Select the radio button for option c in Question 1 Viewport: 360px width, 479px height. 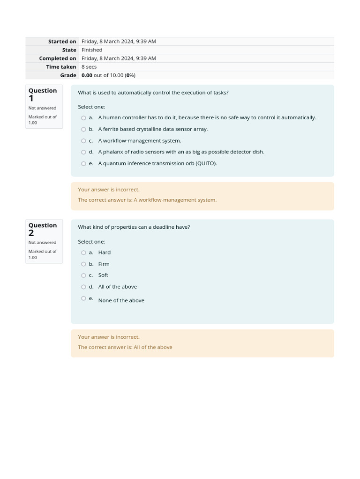pos(83,141)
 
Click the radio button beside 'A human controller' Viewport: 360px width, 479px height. pos(83,118)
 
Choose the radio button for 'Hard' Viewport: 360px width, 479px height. pos(83,253)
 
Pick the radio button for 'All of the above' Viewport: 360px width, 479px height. pos(83,287)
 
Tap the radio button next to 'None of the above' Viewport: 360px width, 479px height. pos(83,298)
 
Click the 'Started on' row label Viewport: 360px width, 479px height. pos(62,42)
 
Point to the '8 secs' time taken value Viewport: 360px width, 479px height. pos(89,67)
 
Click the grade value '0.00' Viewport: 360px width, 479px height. pos(87,75)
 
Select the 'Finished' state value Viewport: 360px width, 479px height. pos(92,50)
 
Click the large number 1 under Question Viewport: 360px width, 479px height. pos(31,99)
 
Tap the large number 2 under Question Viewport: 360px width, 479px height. pos(31,233)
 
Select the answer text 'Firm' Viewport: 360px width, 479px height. pos(104,264)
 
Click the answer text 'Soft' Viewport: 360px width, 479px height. pos(103,276)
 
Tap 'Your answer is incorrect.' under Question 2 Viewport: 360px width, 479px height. pos(109,337)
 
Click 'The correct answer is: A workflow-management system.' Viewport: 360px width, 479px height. pos(147,200)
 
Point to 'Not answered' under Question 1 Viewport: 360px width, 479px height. pos(42,108)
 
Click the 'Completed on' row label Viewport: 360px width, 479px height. pos(58,58)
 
